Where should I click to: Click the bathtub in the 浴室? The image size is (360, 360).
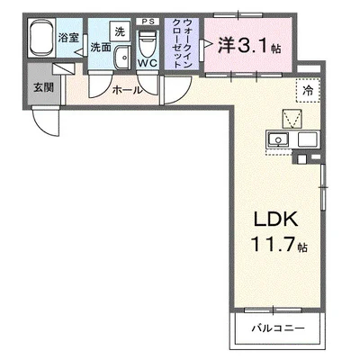click(40, 38)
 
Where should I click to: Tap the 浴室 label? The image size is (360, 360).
click(68, 38)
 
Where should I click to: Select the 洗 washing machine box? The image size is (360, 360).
click(120, 31)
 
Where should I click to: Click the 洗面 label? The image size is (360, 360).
click(101, 47)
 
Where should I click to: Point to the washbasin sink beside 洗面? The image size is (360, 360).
click(122, 58)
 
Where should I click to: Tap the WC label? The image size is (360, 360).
click(148, 63)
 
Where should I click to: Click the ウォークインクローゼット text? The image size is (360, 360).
click(182, 43)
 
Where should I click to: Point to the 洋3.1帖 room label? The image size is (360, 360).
click(249, 45)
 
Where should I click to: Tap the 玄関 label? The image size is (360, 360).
click(43, 87)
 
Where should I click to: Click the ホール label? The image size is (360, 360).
click(127, 90)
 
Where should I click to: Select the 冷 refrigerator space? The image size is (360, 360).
click(308, 90)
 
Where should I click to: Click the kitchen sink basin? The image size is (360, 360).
click(279, 139)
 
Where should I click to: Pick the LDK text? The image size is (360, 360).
click(276, 220)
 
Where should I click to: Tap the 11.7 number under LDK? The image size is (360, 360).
click(273, 244)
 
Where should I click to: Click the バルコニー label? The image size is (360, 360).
click(278, 328)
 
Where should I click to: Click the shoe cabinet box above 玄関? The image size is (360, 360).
click(63, 69)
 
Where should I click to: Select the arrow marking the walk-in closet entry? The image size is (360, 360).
click(208, 45)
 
